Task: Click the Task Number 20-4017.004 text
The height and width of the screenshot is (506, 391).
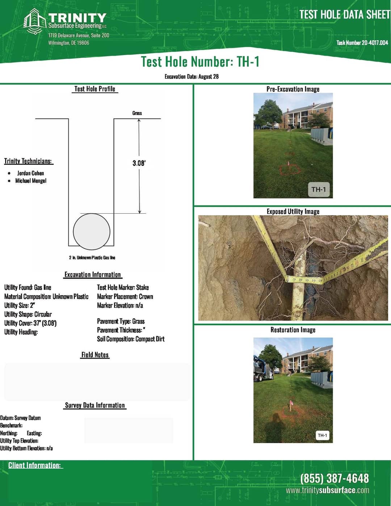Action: pyautogui.click(x=362, y=43)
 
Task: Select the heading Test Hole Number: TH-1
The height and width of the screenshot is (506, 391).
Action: pyautogui.click(x=200, y=62)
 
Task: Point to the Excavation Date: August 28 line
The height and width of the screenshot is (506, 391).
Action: pyautogui.click(x=192, y=76)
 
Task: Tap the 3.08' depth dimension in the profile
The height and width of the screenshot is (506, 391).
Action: pyautogui.click(x=139, y=163)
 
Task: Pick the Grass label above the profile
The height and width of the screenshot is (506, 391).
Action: pyautogui.click(x=137, y=113)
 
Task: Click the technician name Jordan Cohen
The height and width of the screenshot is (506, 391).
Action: pyautogui.click(x=30, y=173)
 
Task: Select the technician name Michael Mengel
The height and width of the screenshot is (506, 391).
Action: pyautogui.click(x=31, y=181)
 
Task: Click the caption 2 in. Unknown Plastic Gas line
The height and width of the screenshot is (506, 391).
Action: pyautogui.click(x=92, y=258)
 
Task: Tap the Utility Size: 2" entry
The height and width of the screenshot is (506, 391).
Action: pyautogui.click(x=20, y=305)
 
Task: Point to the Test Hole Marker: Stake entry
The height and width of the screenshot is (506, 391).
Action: pyautogui.click(x=123, y=287)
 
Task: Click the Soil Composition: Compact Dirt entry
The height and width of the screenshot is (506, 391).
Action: pyautogui.click(x=131, y=339)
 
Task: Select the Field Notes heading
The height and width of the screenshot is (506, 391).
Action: pyautogui.click(x=95, y=355)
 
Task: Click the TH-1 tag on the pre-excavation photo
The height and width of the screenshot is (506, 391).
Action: pyautogui.click(x=319, y=189)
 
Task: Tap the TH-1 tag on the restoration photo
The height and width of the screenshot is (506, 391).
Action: pyautogui.click(x=322, y=435)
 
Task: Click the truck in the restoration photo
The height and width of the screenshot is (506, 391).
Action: pyautogui.click(x=263, y=369)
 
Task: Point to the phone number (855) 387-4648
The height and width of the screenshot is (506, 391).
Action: pyautogui.click(x=335, y=478)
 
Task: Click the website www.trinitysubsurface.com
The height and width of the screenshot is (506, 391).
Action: pyautogui.click(x=327, y=490)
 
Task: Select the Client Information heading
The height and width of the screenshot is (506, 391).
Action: pyautogui.click(x=35, y=465)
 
